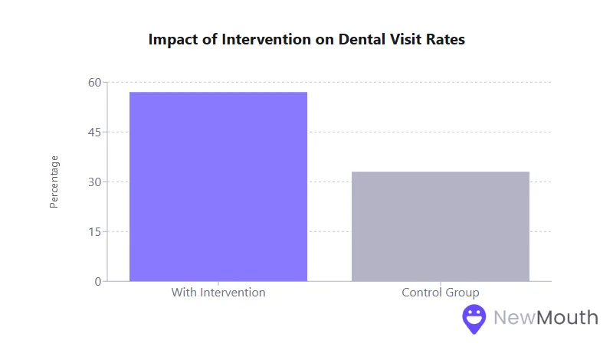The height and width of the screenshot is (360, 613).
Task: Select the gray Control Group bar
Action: coord(441,226)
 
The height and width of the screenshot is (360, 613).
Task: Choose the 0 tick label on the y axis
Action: coord(98,281)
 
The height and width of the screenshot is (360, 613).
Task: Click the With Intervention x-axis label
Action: coord(218,293)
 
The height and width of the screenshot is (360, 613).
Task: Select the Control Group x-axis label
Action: coord(441,293)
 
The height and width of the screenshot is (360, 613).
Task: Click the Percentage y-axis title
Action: coord(54,182)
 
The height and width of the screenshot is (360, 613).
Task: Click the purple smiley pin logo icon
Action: coord(474,318)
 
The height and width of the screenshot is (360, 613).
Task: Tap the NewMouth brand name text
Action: coord(545,317)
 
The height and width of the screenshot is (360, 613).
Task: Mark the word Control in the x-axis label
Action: coord(421,293)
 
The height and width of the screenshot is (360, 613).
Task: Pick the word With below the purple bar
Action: coord(184,293)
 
